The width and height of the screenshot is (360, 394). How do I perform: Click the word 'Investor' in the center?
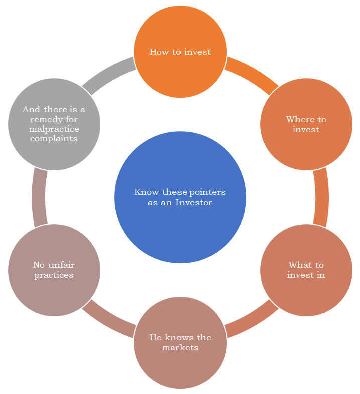tap(194, 203)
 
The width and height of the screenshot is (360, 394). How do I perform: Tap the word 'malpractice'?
tap(54, 129)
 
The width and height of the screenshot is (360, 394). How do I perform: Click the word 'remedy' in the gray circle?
tap(47, 120)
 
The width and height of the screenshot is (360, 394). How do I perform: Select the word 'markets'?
tap(181, 347)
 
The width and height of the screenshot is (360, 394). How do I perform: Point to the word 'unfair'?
tap(62, 265)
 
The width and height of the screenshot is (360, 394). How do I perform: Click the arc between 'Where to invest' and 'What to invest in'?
tap(321, 197)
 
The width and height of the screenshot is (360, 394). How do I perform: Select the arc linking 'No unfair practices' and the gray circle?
tap(39, 197)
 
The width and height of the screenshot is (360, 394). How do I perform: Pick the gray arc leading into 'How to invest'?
tap(108, 73)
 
